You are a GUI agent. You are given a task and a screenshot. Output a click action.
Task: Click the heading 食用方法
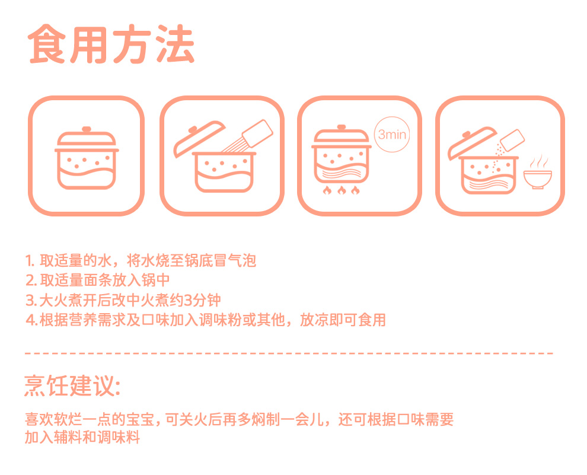pos(111,44)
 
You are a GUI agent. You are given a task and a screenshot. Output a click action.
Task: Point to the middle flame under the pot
pos(342,190)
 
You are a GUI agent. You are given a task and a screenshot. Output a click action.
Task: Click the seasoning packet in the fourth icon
pos(512,141)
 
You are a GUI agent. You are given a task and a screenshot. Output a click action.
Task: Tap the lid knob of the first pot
pos(87,129)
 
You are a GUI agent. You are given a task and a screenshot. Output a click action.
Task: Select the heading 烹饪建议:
pos(72,385)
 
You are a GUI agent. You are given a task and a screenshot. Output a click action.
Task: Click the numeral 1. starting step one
pos(30,261)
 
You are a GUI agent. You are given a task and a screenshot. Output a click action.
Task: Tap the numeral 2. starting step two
pos(31,280)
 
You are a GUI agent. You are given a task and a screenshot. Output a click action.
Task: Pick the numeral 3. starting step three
pos(31,300)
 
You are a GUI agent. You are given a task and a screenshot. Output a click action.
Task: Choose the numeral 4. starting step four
pos(31,320)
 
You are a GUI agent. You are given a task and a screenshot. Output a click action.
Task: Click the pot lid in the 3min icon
pos(342,136)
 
